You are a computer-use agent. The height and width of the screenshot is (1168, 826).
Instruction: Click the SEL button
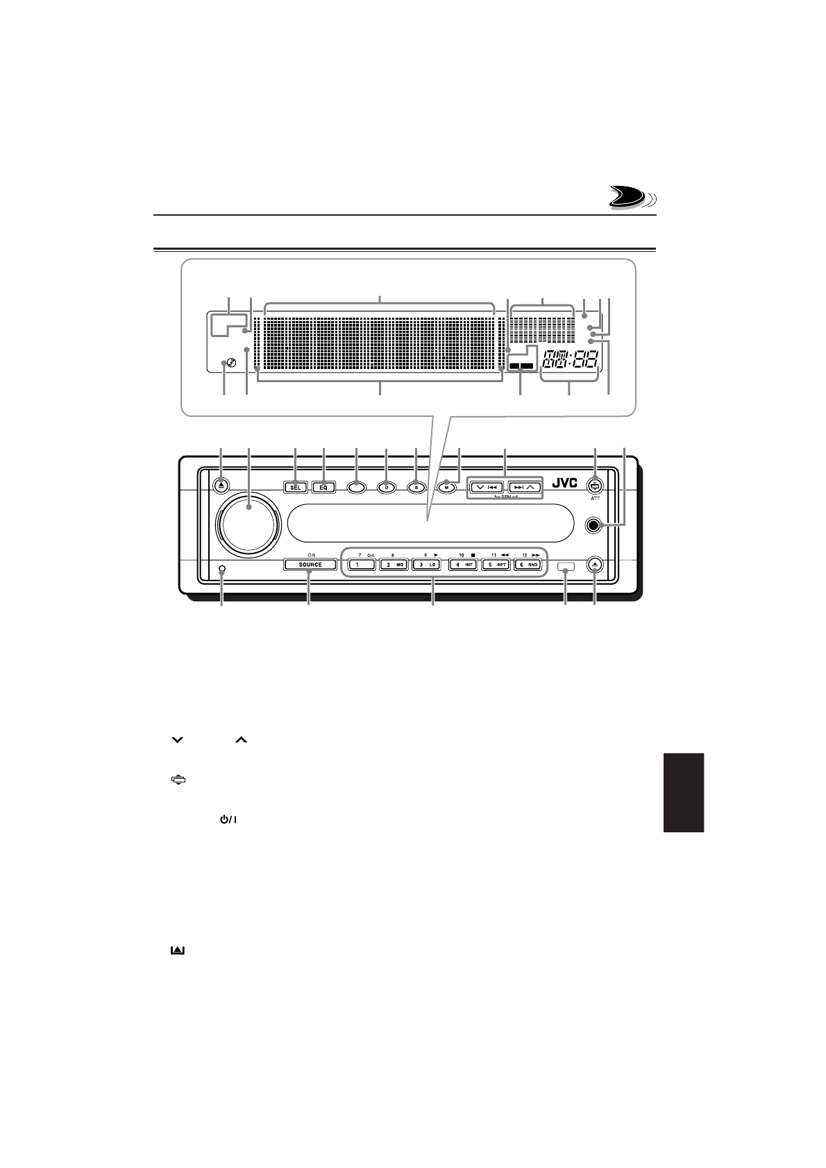295,487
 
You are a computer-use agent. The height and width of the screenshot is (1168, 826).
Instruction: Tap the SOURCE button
310,565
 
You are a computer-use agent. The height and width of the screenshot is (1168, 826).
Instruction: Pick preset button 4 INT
462,565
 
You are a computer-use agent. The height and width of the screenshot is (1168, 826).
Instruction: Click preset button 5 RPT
496,565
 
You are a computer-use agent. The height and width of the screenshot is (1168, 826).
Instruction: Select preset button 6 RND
530,565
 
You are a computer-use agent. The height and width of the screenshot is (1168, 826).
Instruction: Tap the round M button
447,487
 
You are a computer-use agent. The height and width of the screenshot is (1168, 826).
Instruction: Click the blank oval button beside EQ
355,487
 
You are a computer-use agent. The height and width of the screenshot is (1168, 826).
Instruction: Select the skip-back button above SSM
486,487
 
